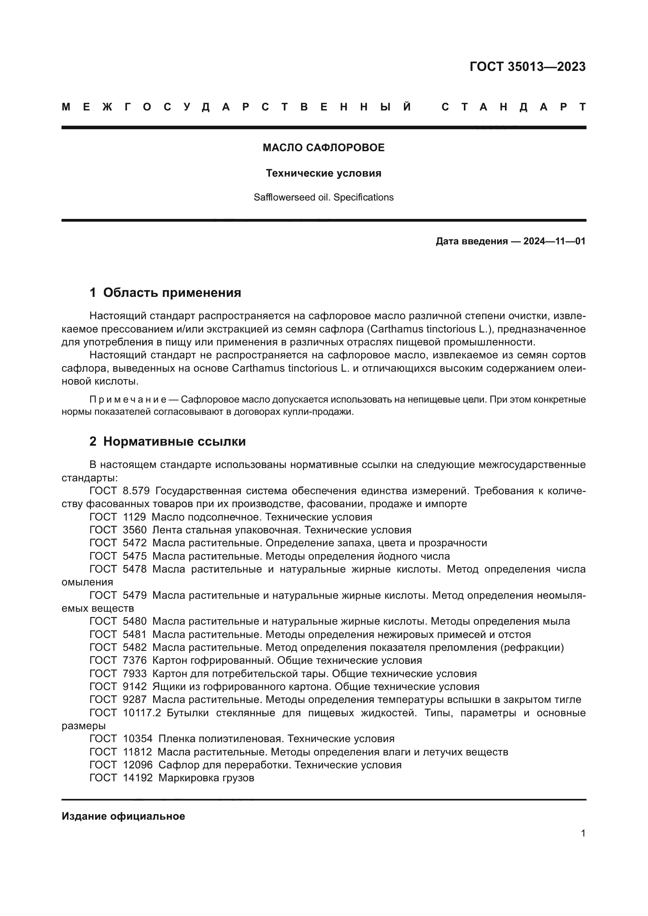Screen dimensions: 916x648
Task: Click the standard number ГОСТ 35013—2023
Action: [x=527, y=67]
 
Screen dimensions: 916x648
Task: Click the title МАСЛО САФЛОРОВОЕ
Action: [x=324, y=148]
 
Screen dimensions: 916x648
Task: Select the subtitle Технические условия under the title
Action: [x=324, y=173]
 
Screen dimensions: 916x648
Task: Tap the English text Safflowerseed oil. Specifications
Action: [x=324, y=197]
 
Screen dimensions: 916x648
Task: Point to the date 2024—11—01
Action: [x=554, y=241]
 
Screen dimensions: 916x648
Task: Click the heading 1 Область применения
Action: [x=165, y=293]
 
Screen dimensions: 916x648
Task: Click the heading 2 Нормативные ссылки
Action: [x=168, y=442]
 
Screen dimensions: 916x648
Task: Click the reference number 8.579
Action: [x=136, y=491]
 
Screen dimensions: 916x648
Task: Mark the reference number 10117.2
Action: [x=142, y=713]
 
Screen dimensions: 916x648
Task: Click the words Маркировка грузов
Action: [x=206, y=778]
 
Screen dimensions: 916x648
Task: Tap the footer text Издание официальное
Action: [x=123, y=816]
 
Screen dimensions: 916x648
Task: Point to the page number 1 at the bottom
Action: [x=583, y=833]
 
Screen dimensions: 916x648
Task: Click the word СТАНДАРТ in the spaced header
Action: [x=514, y=107]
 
